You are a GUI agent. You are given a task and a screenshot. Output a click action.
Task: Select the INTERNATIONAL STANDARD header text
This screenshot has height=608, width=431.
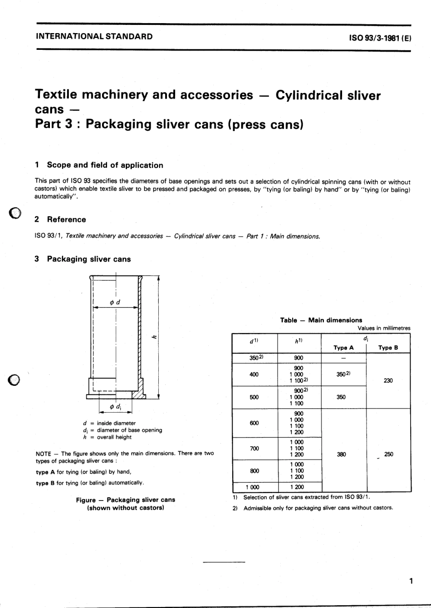(x=94, y=36)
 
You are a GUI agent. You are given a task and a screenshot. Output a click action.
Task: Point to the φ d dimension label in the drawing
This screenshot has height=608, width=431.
(x=115, y=302)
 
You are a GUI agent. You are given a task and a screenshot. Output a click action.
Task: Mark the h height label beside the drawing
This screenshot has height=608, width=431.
(x=154, y=336)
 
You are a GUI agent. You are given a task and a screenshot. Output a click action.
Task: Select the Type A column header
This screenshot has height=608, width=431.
(x=343, y=348)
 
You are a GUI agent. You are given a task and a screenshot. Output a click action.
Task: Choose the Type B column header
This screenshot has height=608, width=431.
(x=388, y=348)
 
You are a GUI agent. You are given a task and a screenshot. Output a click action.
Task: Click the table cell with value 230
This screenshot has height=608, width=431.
(x=388, y=380)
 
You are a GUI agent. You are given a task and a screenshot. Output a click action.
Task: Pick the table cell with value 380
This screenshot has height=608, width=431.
(x=342, y=454)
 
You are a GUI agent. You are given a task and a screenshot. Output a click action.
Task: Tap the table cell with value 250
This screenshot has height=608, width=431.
(x=388, y=454)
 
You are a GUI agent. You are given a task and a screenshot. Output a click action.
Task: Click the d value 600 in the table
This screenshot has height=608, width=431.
(x=254, y=423)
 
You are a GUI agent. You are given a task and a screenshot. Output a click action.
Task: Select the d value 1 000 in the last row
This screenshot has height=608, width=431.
(x=253, y=487)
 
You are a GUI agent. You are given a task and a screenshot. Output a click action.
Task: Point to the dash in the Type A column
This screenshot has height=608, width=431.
(x=343, y=358)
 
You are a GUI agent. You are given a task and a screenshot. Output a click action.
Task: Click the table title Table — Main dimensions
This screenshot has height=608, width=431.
(x=321, y=320)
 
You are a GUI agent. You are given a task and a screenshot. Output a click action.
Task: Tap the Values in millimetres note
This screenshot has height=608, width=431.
(x=383, y=328)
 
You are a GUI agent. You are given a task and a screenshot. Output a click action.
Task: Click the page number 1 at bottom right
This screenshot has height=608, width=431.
(x=411, y=581)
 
